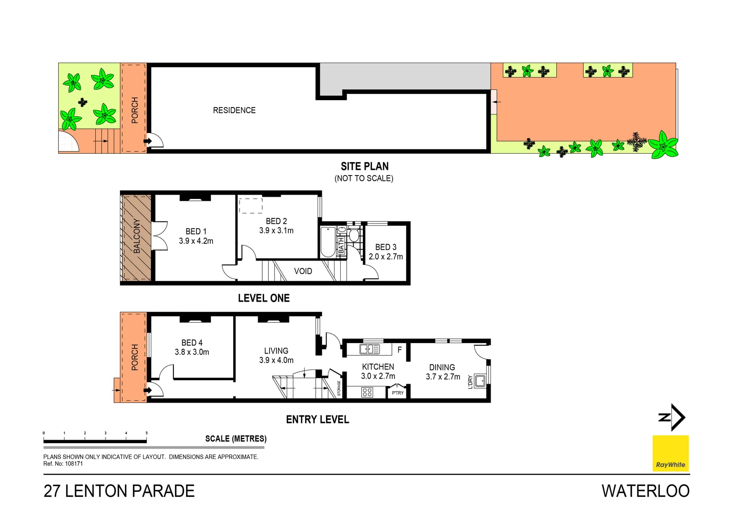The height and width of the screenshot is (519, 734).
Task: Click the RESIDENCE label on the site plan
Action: pos(234,110)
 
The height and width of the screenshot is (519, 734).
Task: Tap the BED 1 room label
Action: pos(196,231)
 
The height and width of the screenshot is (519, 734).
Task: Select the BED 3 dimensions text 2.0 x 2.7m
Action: pos(386,257)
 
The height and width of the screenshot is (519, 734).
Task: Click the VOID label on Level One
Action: pos(303,271)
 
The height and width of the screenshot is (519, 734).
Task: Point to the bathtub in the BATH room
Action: pos(328,242)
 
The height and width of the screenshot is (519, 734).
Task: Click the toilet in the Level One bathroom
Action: pos(354,235)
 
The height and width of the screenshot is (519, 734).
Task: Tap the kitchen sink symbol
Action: pos(369,349)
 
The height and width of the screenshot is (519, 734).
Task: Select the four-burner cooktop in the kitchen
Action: pos(367,392)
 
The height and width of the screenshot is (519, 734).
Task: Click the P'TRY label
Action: pos(398,393)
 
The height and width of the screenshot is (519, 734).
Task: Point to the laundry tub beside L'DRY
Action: pos(480,381)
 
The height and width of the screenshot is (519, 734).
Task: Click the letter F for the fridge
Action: pos(399,350)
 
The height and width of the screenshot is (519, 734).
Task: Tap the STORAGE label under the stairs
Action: pos(339,388)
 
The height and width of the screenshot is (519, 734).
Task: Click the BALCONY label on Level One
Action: pos(136,236)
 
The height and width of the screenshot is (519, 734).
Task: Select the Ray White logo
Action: pos(670,454)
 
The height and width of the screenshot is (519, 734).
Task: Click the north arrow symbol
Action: pos(673,417)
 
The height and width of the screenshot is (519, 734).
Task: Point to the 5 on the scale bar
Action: pos(146,433)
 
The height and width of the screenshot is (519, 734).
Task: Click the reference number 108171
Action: pos(74,464)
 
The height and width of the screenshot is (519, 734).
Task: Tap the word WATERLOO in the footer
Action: pos(645,491)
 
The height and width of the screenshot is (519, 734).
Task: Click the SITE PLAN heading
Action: pos(364,166)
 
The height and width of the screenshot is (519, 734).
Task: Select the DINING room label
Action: pos(442,367)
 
